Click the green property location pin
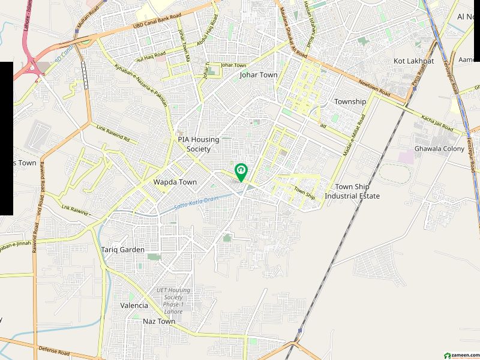(x=241, y=172)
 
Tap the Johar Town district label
(x=259, y=75)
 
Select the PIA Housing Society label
(x=199, y=144)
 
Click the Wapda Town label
(x=175, y=182)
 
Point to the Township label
(x=350, y=101)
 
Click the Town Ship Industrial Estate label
(x=352, y=191)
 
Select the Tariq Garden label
(x=123, y=250)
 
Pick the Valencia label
(x=134, y=305)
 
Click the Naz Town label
(x=159, y=322)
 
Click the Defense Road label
(x=55, y=349)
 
